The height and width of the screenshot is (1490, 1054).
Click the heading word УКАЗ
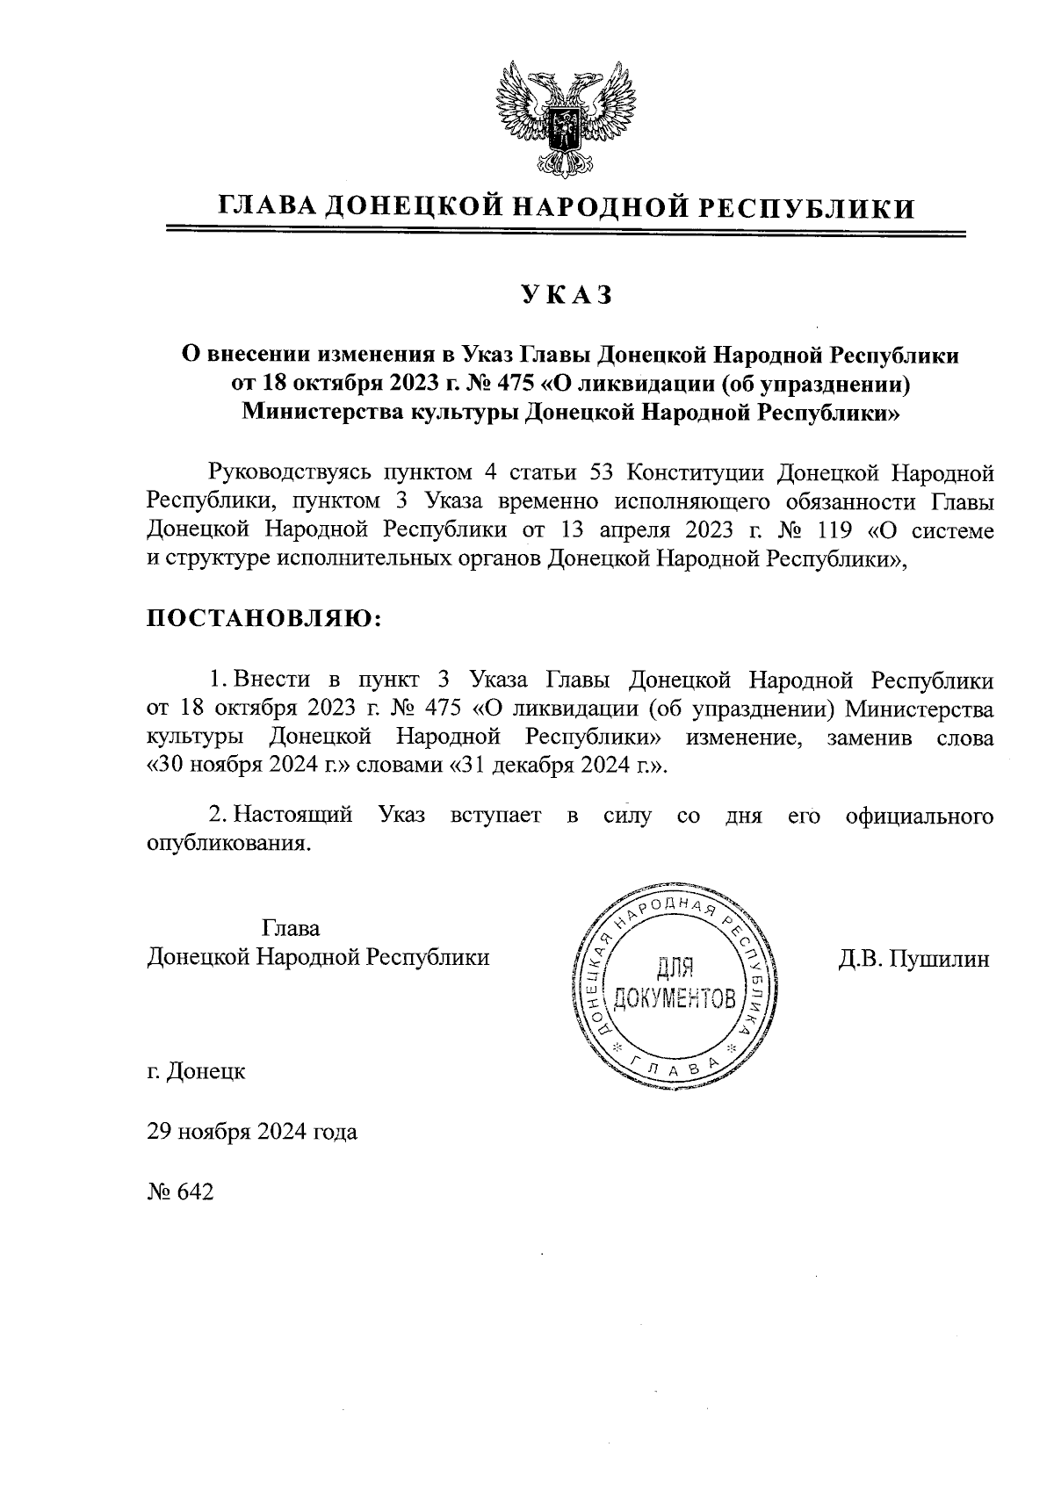pos(567,296)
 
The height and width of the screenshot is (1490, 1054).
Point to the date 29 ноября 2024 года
pos(252,1132)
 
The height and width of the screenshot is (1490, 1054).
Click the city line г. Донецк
pos(196,1071)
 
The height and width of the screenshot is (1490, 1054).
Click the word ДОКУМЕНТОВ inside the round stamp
pos(675,998)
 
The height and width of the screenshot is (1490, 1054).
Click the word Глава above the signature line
pos(291,928)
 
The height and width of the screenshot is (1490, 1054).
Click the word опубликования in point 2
pos(228,844)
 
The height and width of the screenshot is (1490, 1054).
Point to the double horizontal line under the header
pos(567,234)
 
